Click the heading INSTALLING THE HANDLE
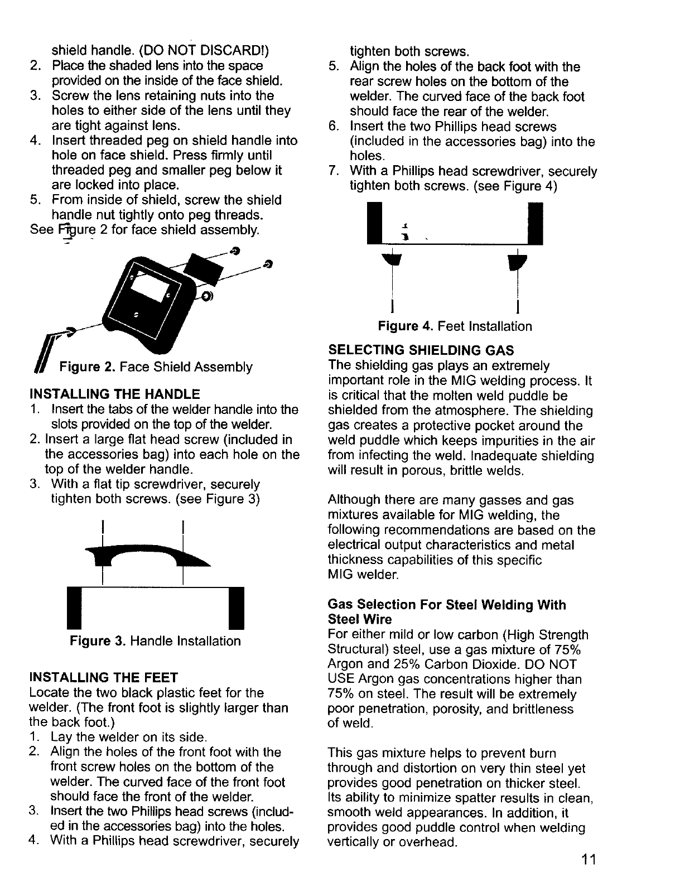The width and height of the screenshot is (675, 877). click(114, 394)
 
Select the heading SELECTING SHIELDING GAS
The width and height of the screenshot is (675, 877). click(421, 350)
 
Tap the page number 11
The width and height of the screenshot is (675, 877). click(588, 859)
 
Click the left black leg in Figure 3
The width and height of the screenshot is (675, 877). click(75, 607)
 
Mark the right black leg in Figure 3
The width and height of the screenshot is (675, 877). click(237, 607)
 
